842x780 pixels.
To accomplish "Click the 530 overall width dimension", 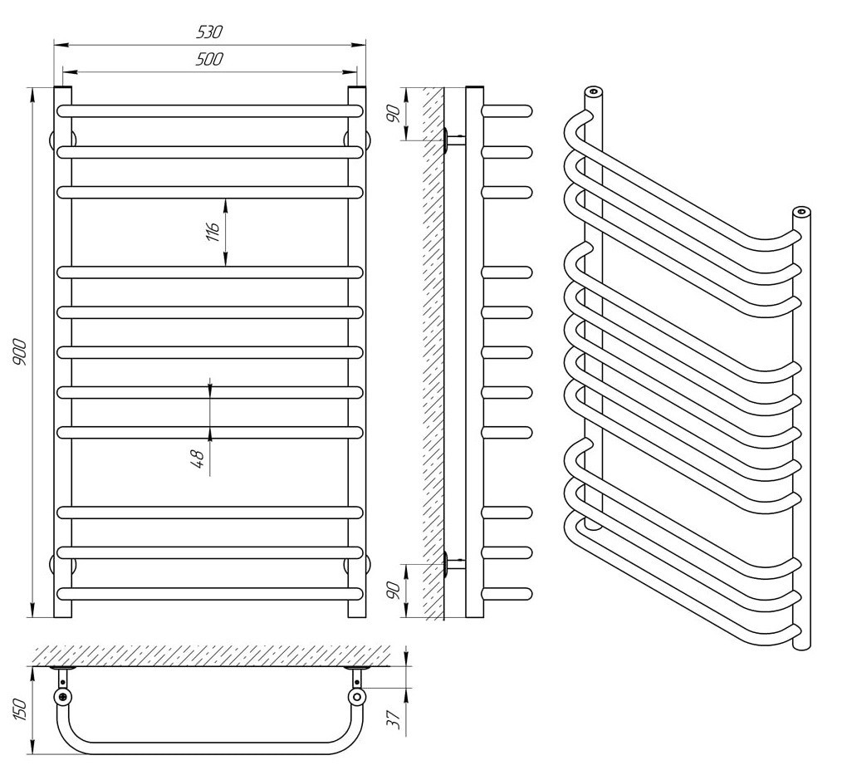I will pyautogui.click(x=210, y=32).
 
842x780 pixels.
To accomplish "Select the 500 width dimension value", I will pyautogui.click(x=210, y=58).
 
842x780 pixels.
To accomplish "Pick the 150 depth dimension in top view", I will pyautogui.click(x=21, y=709).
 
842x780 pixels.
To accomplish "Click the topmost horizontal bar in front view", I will pyautogui.click(x=210, y=110).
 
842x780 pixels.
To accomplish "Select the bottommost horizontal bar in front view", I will pyautogui.click(x=210, y=593).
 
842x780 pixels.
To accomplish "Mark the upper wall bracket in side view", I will pyautogui.click(x=454, y=140).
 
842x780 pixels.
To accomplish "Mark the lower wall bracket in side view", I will pyautogui.click(x=454, y=563).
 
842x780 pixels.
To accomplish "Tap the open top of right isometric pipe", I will pyautogui.click(x=801, y=212).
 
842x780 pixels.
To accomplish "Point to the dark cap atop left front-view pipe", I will pyautogui.click(x=63, y=86).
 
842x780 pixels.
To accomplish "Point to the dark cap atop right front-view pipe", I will pyautogui.click(x=356, y=86).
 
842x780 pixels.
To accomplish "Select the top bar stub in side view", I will pyautogui.click(x=507, y=110).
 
